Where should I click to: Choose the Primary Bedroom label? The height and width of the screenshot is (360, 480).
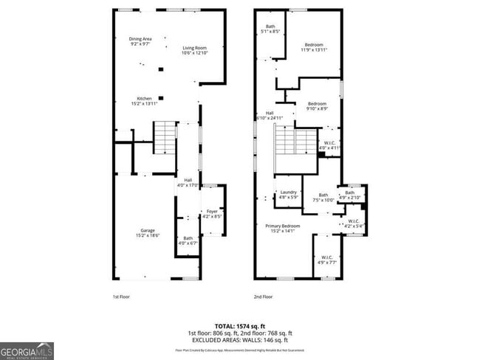[283, 228]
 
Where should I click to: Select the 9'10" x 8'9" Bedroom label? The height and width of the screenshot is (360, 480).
[317, 106]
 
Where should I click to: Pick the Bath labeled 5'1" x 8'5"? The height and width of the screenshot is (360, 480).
[270, 30]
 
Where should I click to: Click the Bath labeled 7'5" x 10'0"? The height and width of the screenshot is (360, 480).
[323, 197]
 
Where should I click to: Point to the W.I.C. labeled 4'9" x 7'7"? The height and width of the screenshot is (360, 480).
[326, 259]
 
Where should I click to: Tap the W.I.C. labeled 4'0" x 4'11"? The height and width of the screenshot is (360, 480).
[329, 145]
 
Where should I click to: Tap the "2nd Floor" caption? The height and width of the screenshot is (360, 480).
[264, 297]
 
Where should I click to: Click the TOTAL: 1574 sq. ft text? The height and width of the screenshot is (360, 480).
[240, 325]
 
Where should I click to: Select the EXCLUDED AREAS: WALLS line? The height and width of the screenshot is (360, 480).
[240, 340]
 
